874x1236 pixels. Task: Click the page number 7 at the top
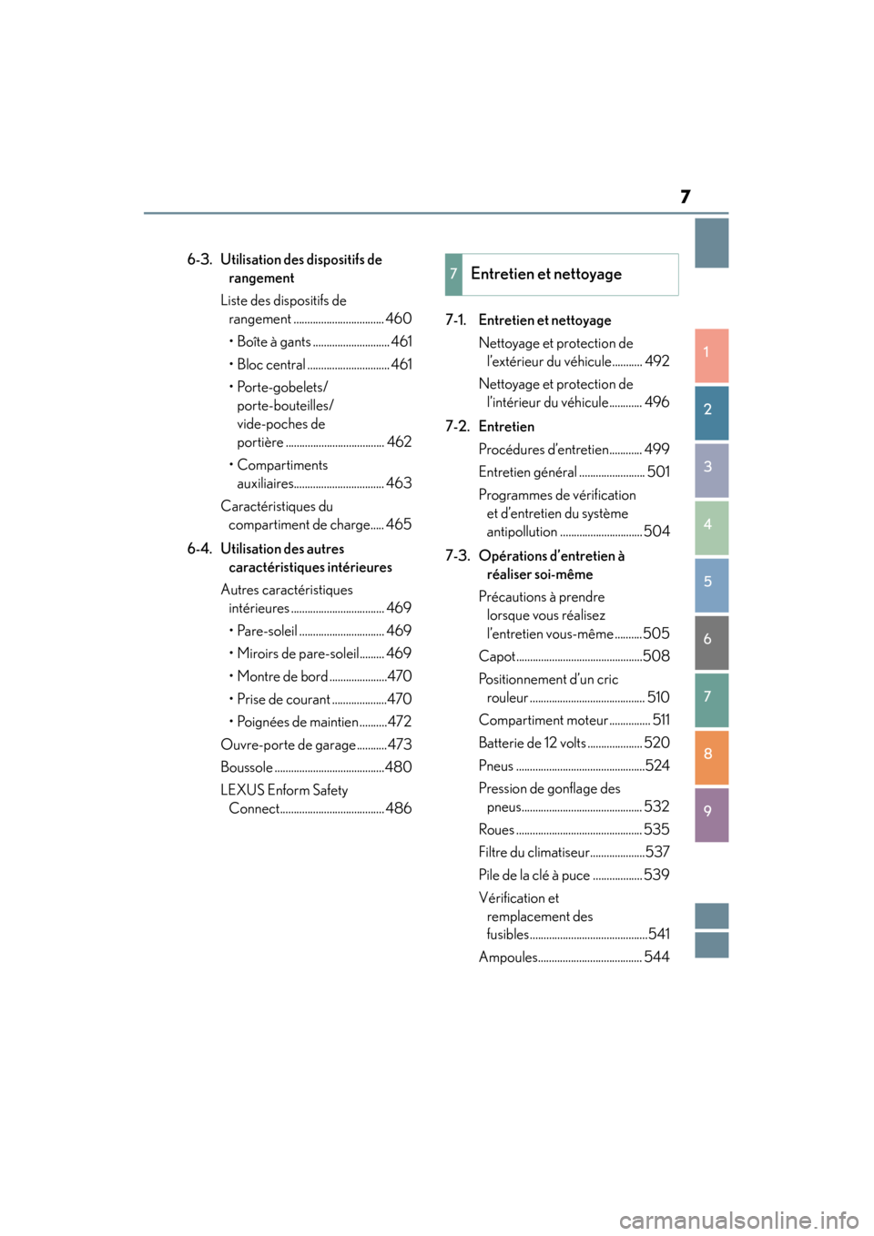(685, 197)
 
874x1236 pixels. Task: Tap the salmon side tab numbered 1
(711, 354)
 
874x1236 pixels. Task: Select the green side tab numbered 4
(711, 527)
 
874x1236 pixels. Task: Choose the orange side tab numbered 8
(711, 756)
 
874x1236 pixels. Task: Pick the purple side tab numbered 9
(711, 814)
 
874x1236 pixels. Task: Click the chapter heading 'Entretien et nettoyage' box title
(546, 274)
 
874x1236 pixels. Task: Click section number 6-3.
(199, 259)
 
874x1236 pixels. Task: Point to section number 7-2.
(457, 426)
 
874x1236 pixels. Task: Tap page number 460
(399, 319)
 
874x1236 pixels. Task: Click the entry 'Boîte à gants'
(274, 342)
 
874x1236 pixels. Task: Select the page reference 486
(399, 808)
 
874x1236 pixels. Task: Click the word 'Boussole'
(247, 767)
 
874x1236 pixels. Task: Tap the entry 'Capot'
(497, 656)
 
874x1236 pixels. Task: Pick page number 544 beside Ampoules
(656, 957)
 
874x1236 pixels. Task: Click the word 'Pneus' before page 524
(496, 765)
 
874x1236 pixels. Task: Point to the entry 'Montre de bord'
(282, 676)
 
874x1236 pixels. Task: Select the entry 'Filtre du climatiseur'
(534, 852)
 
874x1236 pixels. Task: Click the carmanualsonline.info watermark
(738, 1219)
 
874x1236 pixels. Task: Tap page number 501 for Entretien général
(658, 471)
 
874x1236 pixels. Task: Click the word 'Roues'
(497, 829)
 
